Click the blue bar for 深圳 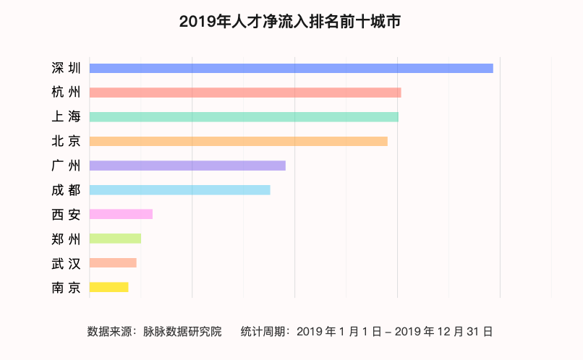click(291, 68)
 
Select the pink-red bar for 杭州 click(245, 93)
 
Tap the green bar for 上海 click(244, 117)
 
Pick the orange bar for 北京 click(239, 141)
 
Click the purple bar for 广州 click(187, 166)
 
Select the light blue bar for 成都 click(179, 189)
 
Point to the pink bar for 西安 click(121, 214)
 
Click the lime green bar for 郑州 click(115, 239)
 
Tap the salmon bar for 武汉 click(113, 262)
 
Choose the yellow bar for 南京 click(108, 287)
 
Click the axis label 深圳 click(67, 68)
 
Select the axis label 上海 click(67, 117)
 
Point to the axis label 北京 click(67, 141)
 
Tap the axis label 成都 click(67, 189)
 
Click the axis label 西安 click(67, 214)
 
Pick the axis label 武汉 click(67, 262)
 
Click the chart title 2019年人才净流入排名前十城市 click(290, 22)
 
